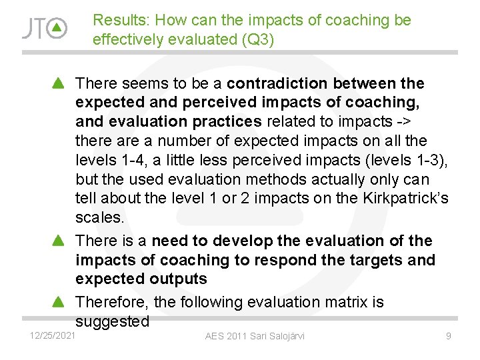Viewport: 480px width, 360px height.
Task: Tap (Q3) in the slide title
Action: pos(257,40)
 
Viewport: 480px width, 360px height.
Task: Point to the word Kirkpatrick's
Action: pos(407,199)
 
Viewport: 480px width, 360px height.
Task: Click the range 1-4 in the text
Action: pos(126,161)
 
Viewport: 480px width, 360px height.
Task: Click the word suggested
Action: pos(112,322)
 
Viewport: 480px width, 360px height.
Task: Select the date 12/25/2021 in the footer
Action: pos(52,335)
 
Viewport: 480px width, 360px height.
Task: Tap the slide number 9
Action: pos(449,336)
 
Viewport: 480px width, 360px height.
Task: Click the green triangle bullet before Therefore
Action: pos(58,303)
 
